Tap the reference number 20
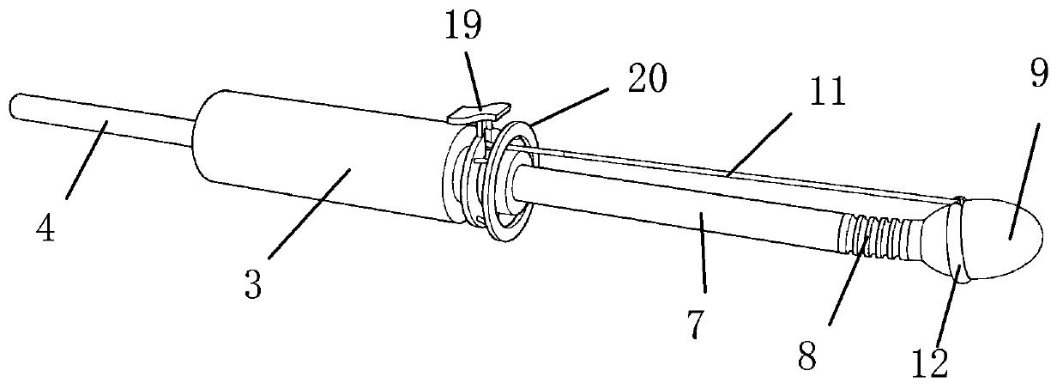coord(645,81)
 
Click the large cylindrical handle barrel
coord(317,159)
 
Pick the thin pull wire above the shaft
coord(729,175)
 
